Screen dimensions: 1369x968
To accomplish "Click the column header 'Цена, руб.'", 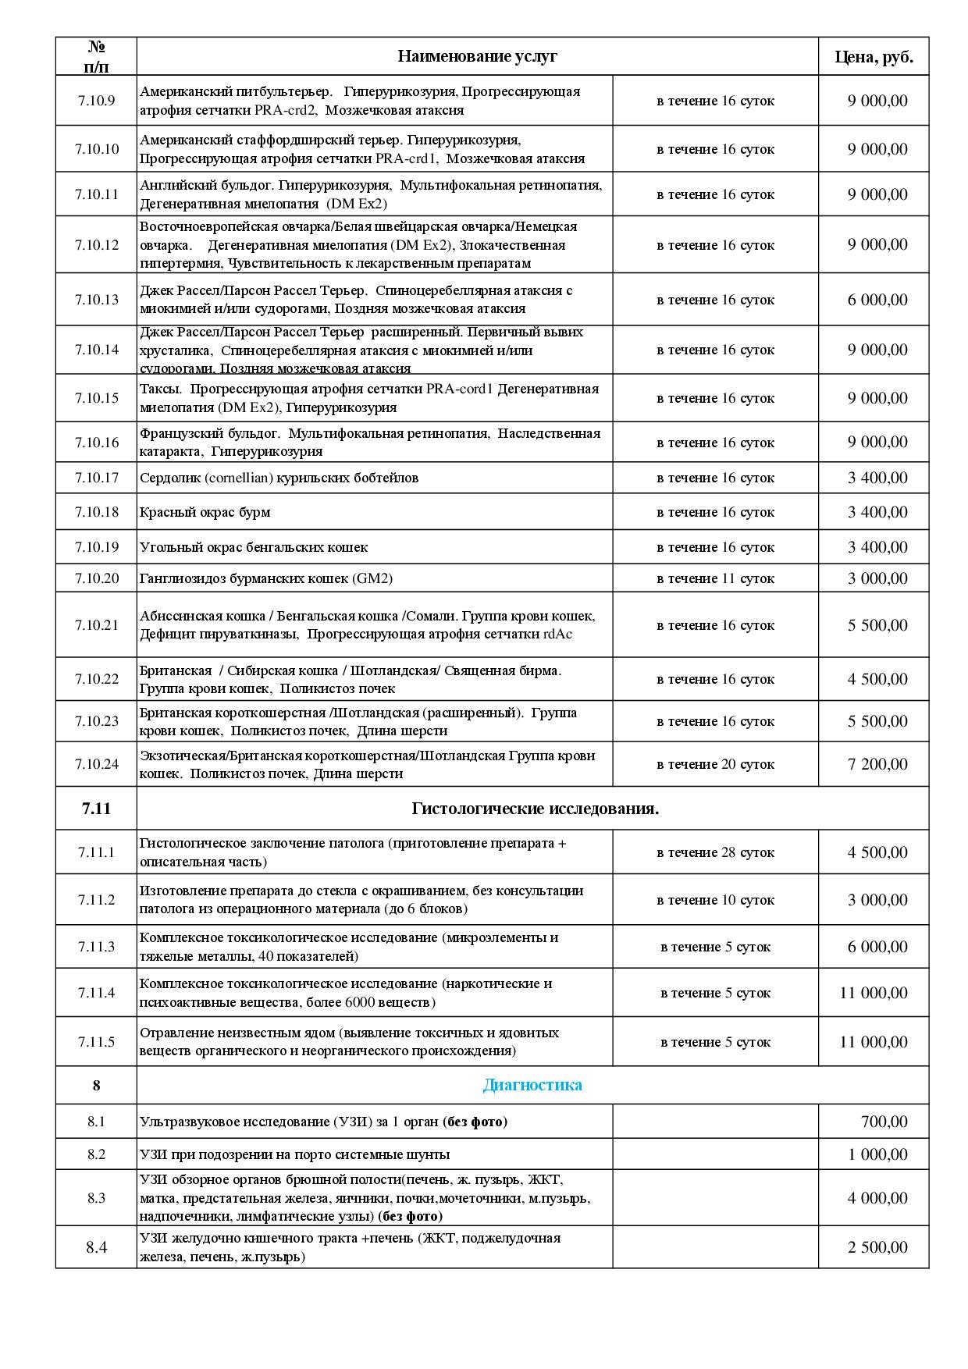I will click(x=874, y=56).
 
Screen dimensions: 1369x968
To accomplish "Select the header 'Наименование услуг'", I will click(x=477, y=56).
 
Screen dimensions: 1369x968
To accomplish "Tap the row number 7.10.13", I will click(x=96, y=300).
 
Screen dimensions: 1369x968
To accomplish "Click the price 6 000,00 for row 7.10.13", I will click(x=877, y=300).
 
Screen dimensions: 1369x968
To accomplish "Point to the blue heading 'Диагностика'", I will click(x=532, y=1085).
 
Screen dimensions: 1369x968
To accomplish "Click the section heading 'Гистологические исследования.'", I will click(x=535, y=809).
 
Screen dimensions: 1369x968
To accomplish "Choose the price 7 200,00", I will click(x=877, y=764).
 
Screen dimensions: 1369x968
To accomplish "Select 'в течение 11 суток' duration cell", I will click(x=715, y=578).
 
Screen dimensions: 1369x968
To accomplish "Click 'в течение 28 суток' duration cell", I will click(x=715, y=852).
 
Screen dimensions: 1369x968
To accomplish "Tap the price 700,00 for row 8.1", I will click(x=884, y=1122).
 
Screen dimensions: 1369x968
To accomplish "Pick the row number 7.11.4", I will click(x=96, y=993).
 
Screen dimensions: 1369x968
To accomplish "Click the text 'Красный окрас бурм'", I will click(x=205, y=512).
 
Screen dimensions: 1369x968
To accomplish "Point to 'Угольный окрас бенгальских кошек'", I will click(x=254, y=547).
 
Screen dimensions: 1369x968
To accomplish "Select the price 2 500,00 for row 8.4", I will click(x=877, y=1247).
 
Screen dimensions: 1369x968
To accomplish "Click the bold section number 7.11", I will click(x=96, y=809).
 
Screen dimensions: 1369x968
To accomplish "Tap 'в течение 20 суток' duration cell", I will click(x=715, y=764).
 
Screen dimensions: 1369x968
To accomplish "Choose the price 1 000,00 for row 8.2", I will click(x=877, y=1154).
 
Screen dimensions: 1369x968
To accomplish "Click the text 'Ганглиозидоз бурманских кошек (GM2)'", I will click(x=266, y=578).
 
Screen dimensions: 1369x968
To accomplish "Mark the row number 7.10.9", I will click(x=96, y=101).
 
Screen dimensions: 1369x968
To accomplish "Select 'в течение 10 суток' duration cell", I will click(x=715, y=900).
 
